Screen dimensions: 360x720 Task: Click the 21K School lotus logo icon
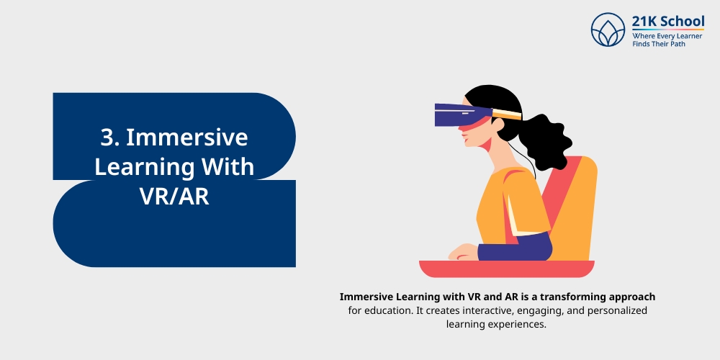click(x=608, y=30)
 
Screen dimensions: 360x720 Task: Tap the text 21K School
click(x=668, y=21)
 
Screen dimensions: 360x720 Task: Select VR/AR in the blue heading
click(x=175, y=195)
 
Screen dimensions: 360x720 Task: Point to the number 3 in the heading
click(x=107, y=138)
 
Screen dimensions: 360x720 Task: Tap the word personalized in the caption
click(x=618, y=310)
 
